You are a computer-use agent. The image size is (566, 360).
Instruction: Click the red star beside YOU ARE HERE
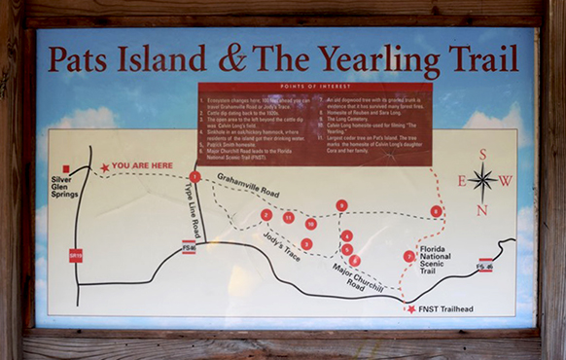click(x=105, y=168)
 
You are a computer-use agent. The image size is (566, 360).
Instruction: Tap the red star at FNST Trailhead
click(x=411, y=309)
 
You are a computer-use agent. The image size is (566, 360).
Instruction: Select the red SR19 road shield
click(x=75, y=256)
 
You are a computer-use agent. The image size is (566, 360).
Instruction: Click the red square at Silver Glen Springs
click(x=66, y=168)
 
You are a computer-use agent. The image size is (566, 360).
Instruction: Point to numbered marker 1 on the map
click(x=195, y=177)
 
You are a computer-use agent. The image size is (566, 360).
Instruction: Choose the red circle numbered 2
click(x=265, y=215)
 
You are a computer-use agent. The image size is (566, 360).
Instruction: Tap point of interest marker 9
click(x=341, y=205)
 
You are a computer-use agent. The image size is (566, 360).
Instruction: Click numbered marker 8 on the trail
click(x=436, y=211)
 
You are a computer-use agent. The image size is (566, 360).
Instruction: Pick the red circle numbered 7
click(x=408, y=256)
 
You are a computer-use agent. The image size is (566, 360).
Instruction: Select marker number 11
click(x=289, y=217)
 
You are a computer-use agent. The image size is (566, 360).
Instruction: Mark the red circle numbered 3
click(x=306, y=243)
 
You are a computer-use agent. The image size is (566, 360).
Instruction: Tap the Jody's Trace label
click(x=282, y=247)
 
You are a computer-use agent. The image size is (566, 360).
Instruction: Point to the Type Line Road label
click(x=193, y=212)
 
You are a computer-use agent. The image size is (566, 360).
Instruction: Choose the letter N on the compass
click(x=482, y=209)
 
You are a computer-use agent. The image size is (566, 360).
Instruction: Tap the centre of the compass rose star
click(x=482, y=181)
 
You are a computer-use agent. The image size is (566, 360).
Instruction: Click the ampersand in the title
click(x=231, y=58)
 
